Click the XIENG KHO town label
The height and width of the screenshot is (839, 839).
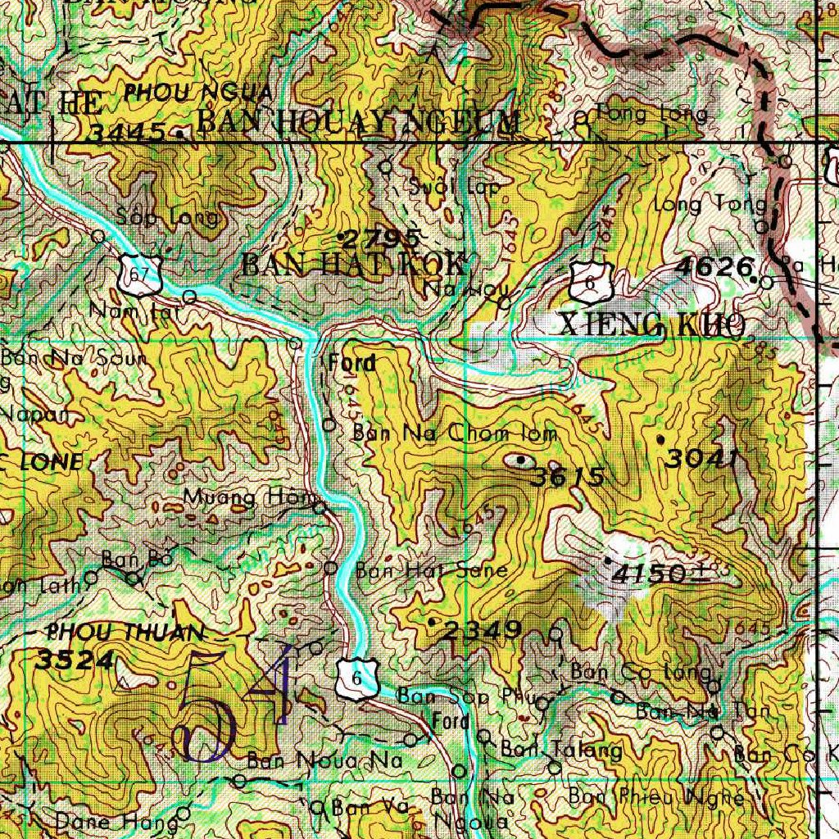(x=652, y=324)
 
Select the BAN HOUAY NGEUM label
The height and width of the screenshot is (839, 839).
(x=358, y=122)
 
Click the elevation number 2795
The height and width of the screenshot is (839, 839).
(x=381, y=239)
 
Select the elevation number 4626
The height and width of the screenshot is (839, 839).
(x=714, y=266)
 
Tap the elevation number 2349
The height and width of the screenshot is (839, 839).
(x=483, y=629)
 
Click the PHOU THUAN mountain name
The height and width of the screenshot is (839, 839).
(x=125, y=632)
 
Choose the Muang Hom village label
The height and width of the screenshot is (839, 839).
(x=249, y=497)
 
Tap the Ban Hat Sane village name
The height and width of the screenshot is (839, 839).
(x=432, y=569)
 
